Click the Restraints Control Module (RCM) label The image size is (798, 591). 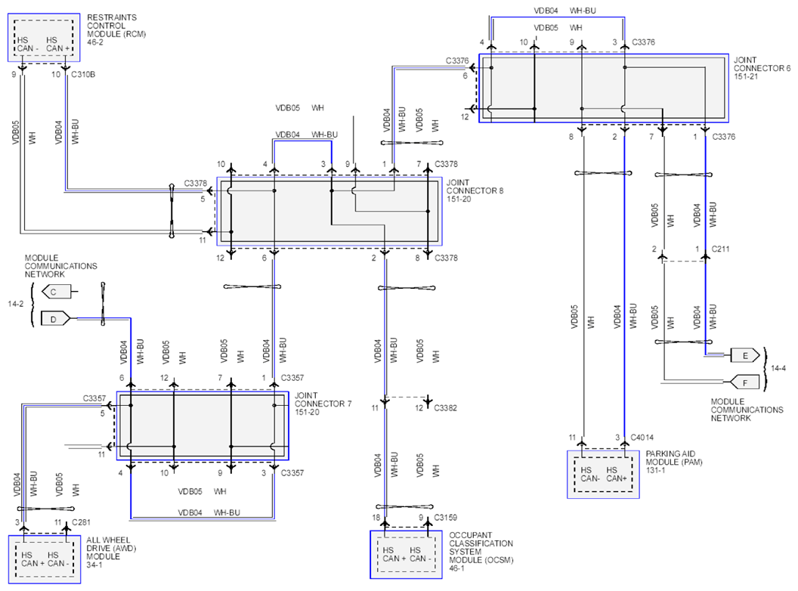pos(116,29)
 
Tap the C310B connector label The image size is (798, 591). pos(83,74)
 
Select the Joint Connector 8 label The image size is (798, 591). pos(475,190)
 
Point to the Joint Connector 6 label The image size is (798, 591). pos(762,68)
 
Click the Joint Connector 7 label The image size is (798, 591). pos(323,403)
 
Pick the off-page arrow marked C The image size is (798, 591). pos(56,292)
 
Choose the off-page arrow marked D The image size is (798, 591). pos(56,319)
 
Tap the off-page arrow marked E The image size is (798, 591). pos(744,355)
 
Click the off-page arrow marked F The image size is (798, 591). pos(744,382)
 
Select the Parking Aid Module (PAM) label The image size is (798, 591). pos(674,462)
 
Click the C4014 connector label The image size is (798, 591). pos(642,438)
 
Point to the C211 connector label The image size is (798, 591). pos(720,249)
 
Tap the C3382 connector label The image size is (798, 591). pos(445,408)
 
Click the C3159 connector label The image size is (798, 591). pos(445,518)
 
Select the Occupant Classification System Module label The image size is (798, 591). pos(481,551)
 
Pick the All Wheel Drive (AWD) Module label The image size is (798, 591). pos(111,552)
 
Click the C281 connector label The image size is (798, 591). pos(81,522)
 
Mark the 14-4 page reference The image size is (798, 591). pos(778,368)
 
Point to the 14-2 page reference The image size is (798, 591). pos(15,304)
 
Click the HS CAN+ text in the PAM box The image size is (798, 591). pos(617,475)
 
